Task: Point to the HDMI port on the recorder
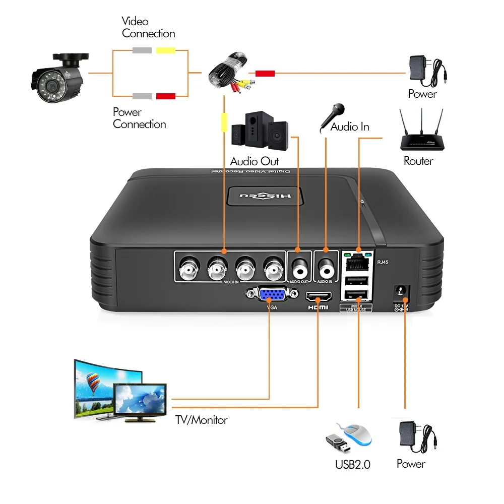click(x=319, y=294)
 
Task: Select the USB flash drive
click(x=336, y=443)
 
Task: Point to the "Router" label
click(x=418, y=161)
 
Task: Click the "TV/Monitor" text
click(x=201, y=420)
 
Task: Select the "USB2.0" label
click(x=353, y=464)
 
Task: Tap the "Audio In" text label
click(x=350, y=127)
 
